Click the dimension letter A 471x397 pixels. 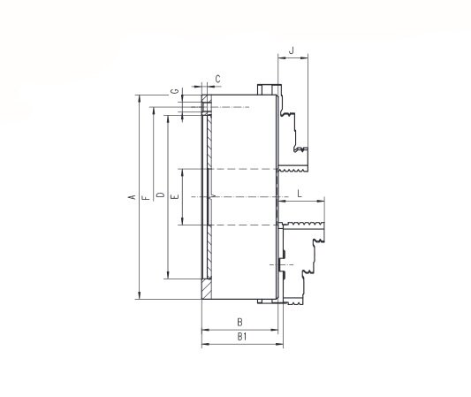click(x=133, y=197)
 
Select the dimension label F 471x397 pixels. click(x=146, y=197)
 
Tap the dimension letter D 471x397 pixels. click(x=161, y=195)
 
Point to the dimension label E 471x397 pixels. click(x=175, y=197)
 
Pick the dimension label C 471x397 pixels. click(x=218, y=79)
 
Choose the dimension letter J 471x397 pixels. click(x=292, y=50)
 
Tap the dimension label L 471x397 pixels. click(x=300, y=194)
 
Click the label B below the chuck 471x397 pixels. click(x=239, y=322)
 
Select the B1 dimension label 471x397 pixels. click(x=242, y=337)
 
